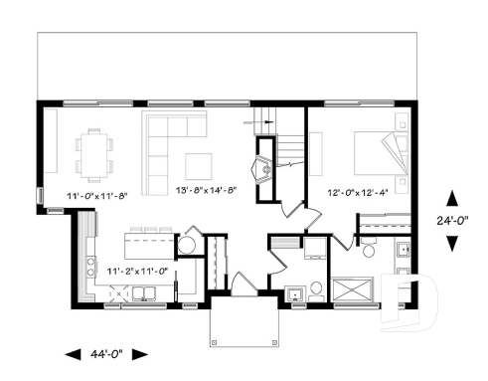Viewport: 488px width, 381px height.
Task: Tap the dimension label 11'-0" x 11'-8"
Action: (97, 196)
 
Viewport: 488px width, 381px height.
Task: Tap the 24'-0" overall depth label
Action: (452, 221)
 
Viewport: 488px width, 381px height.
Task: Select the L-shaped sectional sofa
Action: (164, 144)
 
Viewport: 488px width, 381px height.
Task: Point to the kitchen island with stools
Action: (146, 242)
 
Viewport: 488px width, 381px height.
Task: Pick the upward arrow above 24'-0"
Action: (452, 198)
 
